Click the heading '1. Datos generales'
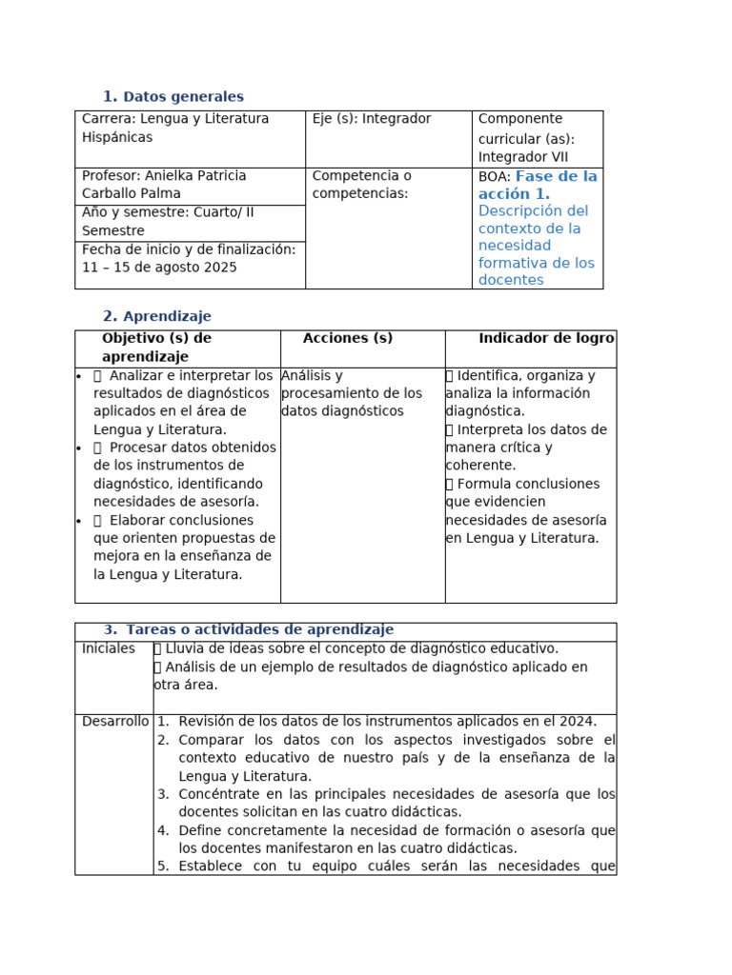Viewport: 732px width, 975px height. point(173,97)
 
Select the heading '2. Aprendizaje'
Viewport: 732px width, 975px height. point(157,316)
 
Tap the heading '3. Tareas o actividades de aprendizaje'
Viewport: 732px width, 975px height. point(249,630)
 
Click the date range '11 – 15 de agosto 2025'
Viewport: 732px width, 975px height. point(159,268)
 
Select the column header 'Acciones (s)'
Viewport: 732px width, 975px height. point(348,339)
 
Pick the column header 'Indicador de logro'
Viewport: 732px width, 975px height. point(546,339)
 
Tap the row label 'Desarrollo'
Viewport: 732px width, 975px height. point(115,722)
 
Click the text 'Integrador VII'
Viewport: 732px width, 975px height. point(523,157)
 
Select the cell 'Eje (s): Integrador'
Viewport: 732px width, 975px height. point(372,119)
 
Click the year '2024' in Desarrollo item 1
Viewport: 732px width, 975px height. point(578,722)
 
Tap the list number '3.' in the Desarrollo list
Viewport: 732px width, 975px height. point(163,794)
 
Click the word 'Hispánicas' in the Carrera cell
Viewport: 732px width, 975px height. point(117,137)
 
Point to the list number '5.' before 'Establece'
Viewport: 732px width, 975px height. point(163,866)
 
